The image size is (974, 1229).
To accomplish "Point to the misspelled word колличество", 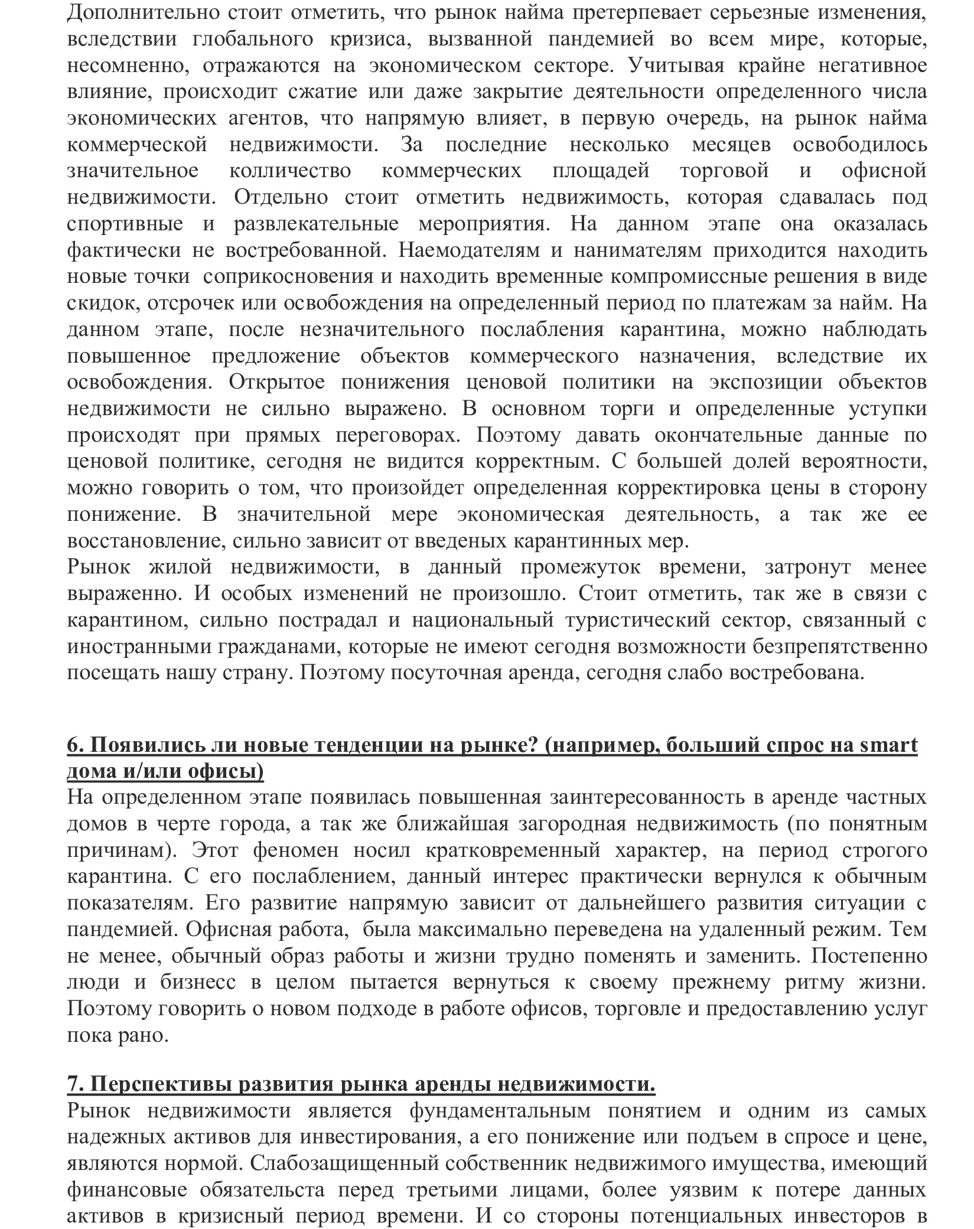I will tap(290, 171).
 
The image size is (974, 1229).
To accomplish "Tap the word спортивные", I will tap(125, 224).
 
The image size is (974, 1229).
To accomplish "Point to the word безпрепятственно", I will tap(839, 647).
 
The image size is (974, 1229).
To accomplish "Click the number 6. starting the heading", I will tap(75, 745).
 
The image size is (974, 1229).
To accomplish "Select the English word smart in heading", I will tap(887, 745).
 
